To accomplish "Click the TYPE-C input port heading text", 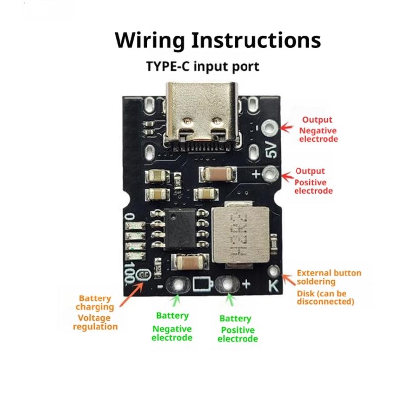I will click(x=202, y=66).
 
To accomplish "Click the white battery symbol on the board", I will click(x=202, y=284).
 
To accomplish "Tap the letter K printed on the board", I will click(x=273, y=286).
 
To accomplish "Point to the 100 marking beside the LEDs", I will click(x=130, y=272).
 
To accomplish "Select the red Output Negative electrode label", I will click(x=317, y=129).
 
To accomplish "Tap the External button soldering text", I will click(x=329, y=277).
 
